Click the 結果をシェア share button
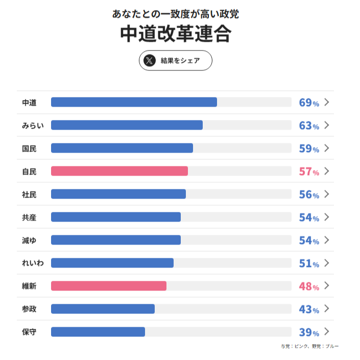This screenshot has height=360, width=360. click(175, 60)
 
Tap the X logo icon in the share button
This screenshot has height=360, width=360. click(149, 60)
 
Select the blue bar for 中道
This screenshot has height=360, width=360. click(134, 102)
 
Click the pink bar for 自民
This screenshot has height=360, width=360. click(119, 171)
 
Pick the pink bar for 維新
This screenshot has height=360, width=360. click(108, 286)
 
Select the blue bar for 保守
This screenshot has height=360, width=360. click(98, 332)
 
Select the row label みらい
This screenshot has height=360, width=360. click(33, 126)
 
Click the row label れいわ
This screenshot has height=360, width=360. click(33, 263)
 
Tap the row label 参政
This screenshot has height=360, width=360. click(29, 309)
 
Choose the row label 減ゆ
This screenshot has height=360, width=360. click(29, 241)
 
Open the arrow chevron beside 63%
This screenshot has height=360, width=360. click(327, 125)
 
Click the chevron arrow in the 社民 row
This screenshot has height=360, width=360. click(327, 194)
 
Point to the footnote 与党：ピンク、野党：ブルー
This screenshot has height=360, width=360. click(309, 346)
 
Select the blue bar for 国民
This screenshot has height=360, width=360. click(122, 148)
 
